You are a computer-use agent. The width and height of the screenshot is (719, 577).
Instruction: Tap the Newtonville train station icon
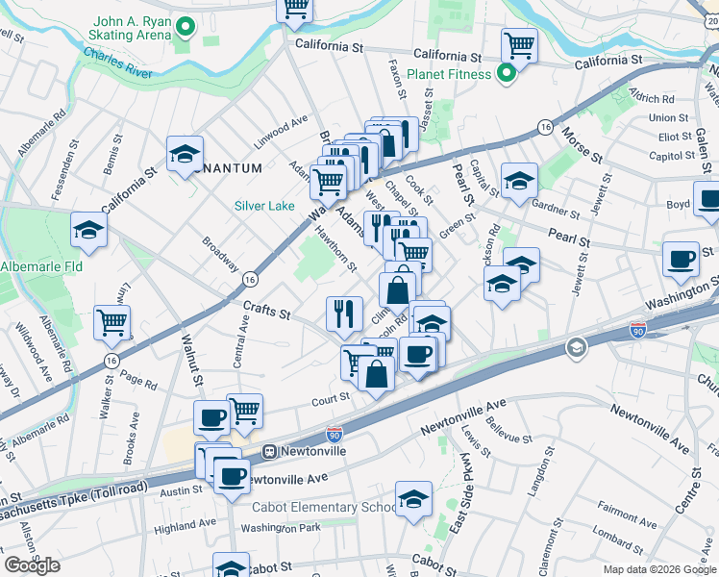pos(272,449)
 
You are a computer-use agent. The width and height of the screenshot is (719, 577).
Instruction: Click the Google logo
pos(32,565)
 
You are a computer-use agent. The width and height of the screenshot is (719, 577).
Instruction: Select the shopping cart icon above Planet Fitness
pos(518,44)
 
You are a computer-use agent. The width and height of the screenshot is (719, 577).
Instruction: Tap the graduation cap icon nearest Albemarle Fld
pos(88,230)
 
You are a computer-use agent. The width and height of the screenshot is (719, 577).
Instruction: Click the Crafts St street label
pos(266,309)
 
